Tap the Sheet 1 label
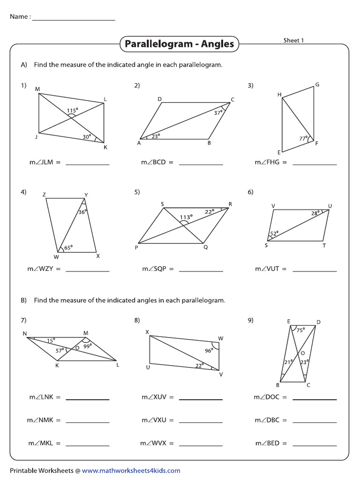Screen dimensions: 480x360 [293, 40]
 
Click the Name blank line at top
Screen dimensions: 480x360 [74, 19]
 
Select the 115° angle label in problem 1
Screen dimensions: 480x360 [72, 111]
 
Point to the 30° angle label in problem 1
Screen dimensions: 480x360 [86, 136]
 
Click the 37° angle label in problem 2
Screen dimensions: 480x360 [218, 113]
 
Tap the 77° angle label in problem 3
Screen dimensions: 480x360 [303, 138]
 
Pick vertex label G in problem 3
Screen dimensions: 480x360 [317, 85]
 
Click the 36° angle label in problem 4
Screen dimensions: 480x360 [82, 212]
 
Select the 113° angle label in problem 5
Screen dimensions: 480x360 [186, 217]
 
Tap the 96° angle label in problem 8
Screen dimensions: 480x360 [208, 350]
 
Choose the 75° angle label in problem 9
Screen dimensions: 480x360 [300, 329]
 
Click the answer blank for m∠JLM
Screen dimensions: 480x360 [87, 164]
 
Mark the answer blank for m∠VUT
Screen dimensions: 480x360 [315, 270]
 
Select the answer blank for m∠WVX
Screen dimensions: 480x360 [201, 444]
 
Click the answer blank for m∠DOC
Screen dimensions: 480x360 [315, 399]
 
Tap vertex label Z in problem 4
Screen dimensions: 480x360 [44, 195]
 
